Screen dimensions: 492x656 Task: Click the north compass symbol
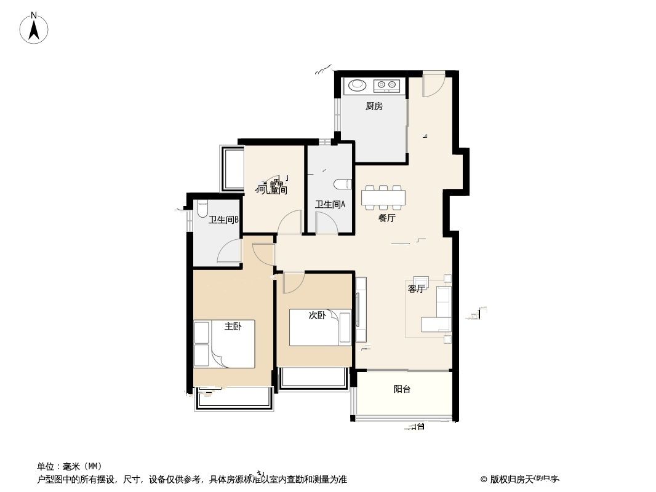[x=34, y=28]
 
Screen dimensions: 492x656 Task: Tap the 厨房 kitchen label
[x=374, y=106]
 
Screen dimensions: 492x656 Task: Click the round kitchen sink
[x=356, y=85]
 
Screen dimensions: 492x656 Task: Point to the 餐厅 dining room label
[x=386, y=218]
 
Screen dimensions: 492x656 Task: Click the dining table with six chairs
[x=383, y=197]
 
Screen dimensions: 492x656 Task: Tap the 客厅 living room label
[x=416, y=288]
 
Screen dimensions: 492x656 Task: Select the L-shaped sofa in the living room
[x=439, y=311]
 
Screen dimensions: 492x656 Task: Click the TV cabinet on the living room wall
[x=361, y=310]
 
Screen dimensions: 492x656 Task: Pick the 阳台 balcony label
[x=402, y=389]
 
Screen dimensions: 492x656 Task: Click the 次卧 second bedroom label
[x=317, y=315]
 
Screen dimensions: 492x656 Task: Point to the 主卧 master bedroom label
[x=233, y=327]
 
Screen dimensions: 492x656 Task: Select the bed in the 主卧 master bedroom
[x=224, y=344]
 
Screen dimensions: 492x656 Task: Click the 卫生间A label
[x=330, y=205]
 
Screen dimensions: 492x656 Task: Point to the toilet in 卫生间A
[x=343, y=183]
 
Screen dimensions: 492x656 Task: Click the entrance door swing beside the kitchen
[x=433, y=85]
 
